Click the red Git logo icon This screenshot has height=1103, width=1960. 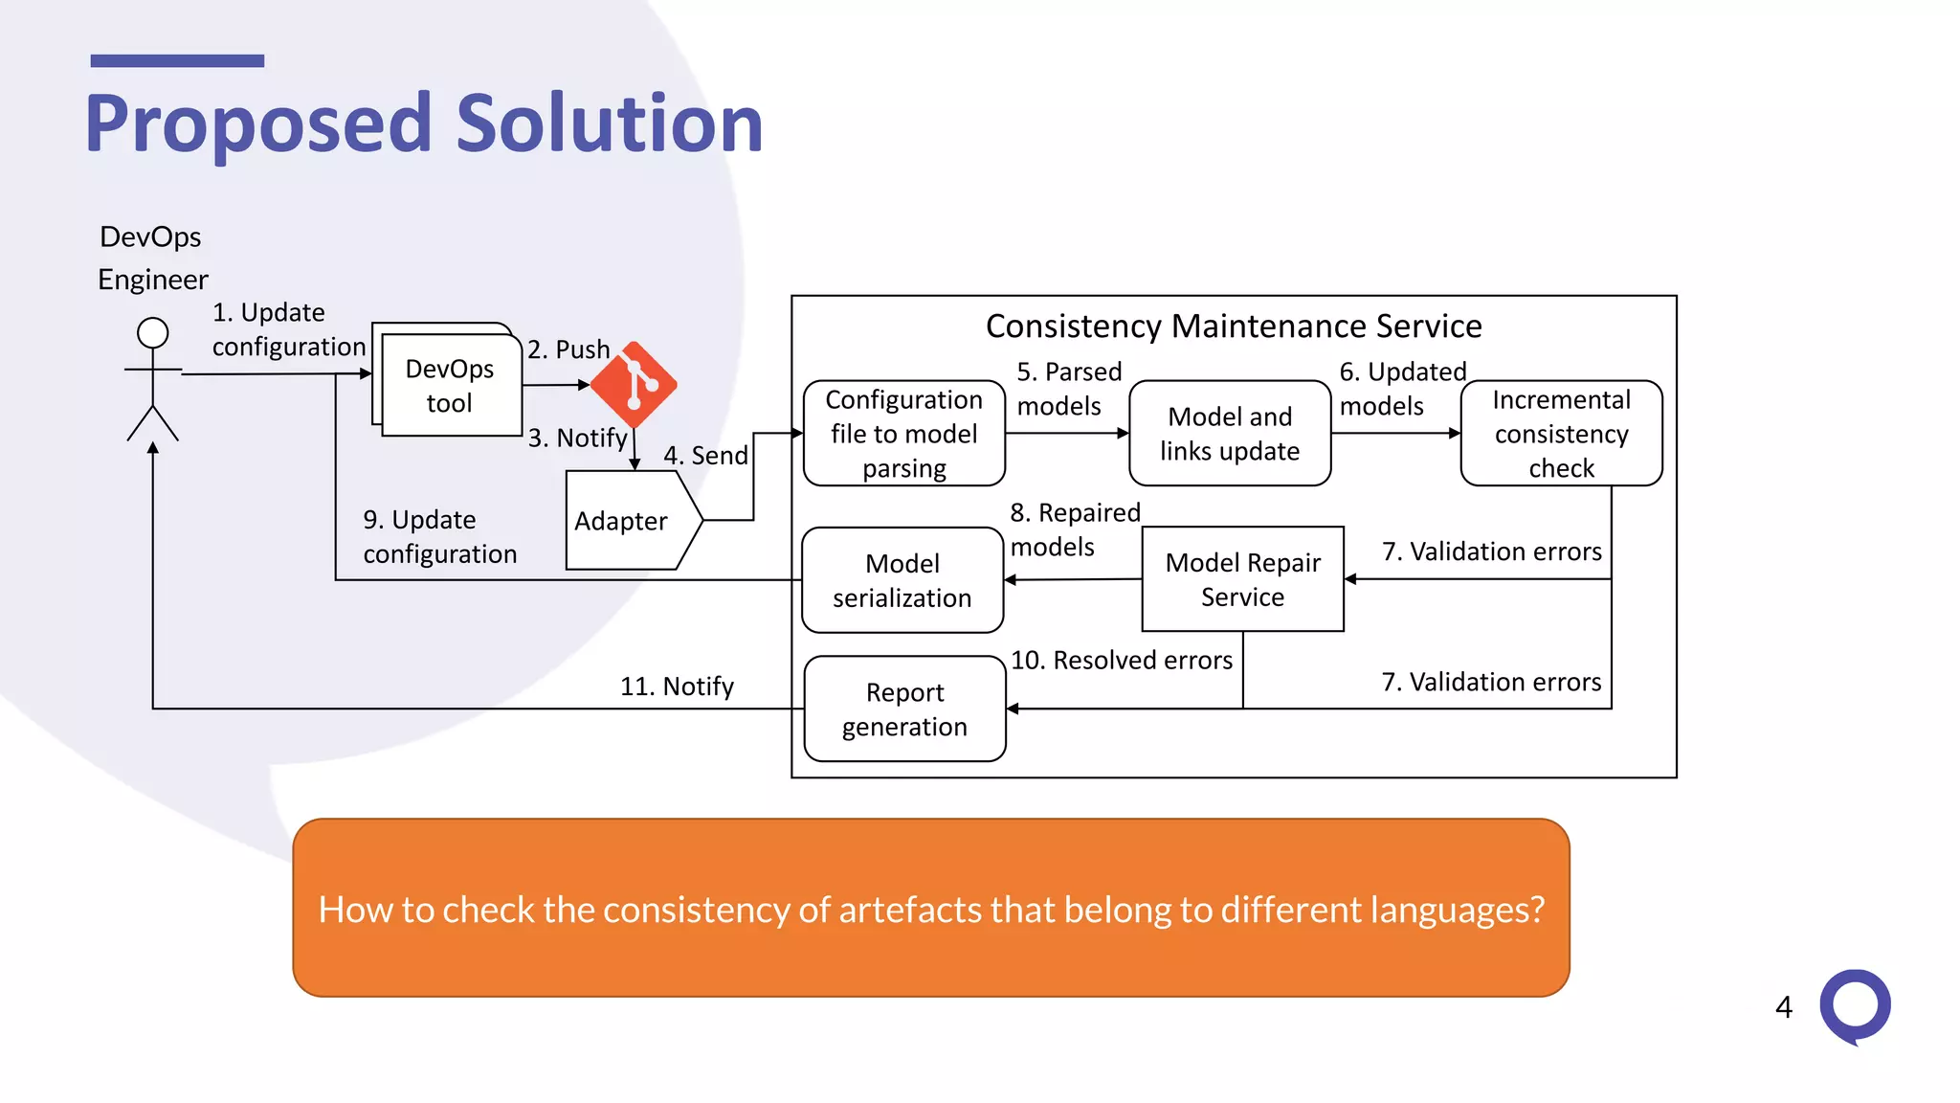[634, 385]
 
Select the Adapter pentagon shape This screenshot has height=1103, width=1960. [627, 521]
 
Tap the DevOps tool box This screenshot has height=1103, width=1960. [450, 386]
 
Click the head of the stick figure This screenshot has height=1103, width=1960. [153, 333]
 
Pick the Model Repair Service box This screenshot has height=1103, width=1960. [1242, 579]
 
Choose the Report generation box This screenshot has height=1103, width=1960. [904, 709]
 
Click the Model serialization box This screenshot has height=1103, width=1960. [902, 580]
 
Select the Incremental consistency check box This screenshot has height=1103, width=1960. [1561, 434]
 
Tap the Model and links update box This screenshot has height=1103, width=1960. [1230, 434]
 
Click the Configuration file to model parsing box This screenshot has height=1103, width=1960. [903, 434]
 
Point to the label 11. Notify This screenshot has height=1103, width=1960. [677, 687]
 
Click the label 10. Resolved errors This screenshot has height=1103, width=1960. [1122, 661]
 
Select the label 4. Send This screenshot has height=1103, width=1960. [705, 456]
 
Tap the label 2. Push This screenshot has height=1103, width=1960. [568, 349]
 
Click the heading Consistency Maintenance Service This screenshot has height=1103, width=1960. [1234, 326]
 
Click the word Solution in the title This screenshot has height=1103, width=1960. [610, 124]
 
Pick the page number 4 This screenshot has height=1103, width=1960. [1783, 1007]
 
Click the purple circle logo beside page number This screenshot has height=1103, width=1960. [1855, 1005]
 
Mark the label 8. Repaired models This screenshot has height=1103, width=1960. [1074, 529]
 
